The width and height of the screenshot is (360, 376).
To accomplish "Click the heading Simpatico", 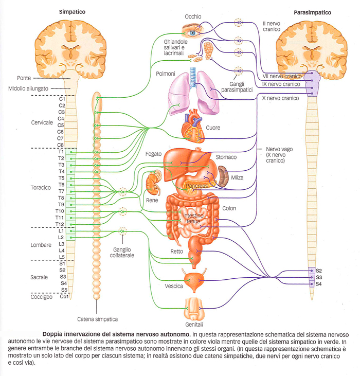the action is pyautogui.click(x=72, y=12).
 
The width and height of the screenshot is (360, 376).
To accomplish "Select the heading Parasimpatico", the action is pyautogui.click(x=312, y=12).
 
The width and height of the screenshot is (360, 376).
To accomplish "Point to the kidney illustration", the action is pyautogui.click(x=154, y=182).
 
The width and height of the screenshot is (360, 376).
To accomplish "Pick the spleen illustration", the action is pyautogui.click(x=223, y=176).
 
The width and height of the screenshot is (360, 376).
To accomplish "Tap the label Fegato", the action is pyautogui.click(x=153, y=154).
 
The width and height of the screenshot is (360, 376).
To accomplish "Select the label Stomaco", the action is pyautogui.click(x=226, y=157).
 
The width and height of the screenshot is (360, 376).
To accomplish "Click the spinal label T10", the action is pyautogui.click(x=60, y=211).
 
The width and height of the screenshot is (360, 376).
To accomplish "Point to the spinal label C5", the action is pyautogui.click(x=61, y=125).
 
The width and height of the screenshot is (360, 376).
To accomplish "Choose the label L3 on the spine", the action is pyautogui.click(x=62, y=244).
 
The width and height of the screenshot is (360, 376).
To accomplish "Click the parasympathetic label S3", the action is pyautogui.click(x=319, y=277).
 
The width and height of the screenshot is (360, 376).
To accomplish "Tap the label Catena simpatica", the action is pyautogui.click(x=97, y=319).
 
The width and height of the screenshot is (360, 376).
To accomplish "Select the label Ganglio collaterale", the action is pyautogui.click(x=122, y=253).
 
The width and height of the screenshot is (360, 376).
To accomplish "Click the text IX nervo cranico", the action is pyautogui.click(x=281, y=84).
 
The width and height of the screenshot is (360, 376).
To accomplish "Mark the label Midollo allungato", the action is pyautogui.click(x=28, y=88).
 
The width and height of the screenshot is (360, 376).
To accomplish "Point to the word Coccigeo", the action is pyautogui.click(x=42, y=297).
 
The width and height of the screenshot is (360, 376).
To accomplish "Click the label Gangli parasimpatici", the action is pyautogui.click(x=237, y=87).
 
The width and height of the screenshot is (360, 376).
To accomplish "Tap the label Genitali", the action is pyautogui.click(x=194, y=325).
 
